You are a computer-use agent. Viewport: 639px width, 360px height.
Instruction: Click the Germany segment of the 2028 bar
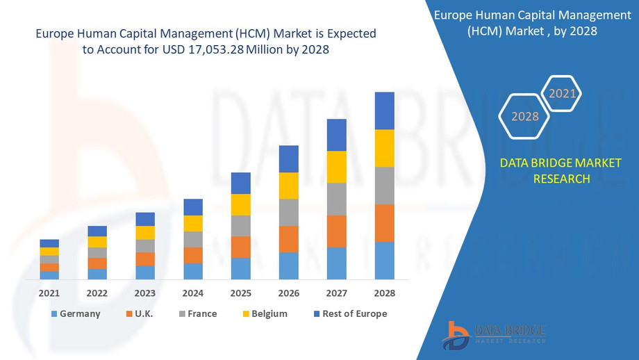pos(384,261)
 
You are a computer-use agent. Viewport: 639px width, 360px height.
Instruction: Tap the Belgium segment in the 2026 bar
pos(288,186)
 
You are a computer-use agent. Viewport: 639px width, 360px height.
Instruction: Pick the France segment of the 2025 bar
pos(240,226)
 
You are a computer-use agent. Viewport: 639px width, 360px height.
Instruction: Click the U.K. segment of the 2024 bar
pos(193,255)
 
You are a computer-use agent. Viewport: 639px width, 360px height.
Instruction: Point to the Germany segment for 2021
pos(49,275)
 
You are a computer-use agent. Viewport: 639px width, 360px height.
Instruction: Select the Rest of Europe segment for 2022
pos(97,231)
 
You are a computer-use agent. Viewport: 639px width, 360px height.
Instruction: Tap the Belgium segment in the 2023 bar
pos(145,233)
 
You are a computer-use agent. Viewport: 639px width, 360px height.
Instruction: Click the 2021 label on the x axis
pos(49,293)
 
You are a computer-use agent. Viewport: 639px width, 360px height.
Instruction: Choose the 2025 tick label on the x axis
pos(240,293)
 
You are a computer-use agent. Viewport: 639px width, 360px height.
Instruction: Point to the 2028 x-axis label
pos(384,293)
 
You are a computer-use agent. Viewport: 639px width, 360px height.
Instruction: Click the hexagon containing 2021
pos(562,93)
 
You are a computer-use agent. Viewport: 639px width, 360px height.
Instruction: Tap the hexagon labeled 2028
pos(525,116)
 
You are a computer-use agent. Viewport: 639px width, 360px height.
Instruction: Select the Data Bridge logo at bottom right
pos(494,334)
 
